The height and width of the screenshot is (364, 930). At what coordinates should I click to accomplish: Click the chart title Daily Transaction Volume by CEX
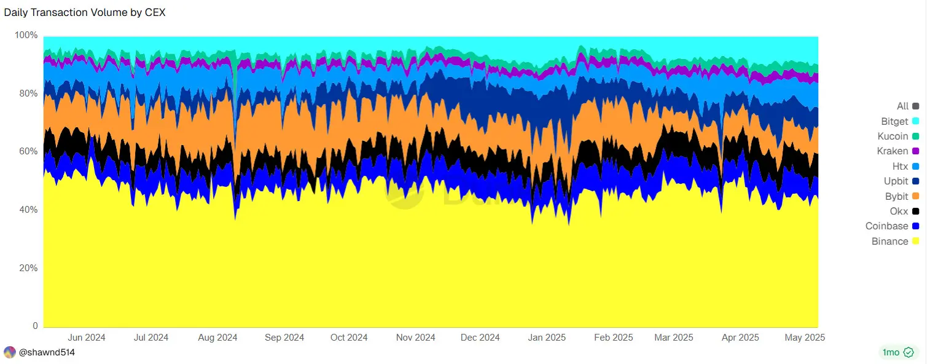coord(85,12)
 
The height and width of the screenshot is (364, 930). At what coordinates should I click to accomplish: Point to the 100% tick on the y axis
coord(26,36)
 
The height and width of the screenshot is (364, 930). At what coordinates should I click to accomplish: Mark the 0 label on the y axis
coord(35,326)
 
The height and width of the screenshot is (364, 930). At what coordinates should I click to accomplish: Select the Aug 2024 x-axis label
coord(218,338)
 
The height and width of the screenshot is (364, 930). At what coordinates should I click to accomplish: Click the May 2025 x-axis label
coord(806,338)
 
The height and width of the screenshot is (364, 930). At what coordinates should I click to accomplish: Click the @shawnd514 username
coord(47,352)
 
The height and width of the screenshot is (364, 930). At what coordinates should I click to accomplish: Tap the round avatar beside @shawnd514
coord(10,352)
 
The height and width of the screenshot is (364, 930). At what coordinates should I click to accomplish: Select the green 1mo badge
coord(898,352)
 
